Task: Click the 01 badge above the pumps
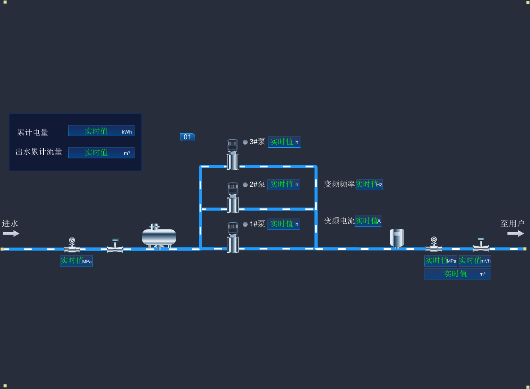point(187,137)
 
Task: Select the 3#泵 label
point(257,142)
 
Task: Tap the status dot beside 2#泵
point(245,185)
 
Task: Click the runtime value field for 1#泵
point(284,224)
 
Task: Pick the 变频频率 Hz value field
point(369,185)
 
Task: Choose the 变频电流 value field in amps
point(368,221)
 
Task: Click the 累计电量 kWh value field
point(101,131)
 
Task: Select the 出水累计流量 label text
point(39,152)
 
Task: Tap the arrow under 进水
point(11,233)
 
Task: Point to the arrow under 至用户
point(516,233)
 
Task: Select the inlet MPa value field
point(76,261)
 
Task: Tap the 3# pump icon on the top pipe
point(233,154)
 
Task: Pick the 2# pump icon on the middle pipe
point(233,197)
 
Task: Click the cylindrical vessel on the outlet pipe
point(397,238)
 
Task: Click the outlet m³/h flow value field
point(475,261)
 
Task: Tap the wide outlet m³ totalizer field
point(457,274)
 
